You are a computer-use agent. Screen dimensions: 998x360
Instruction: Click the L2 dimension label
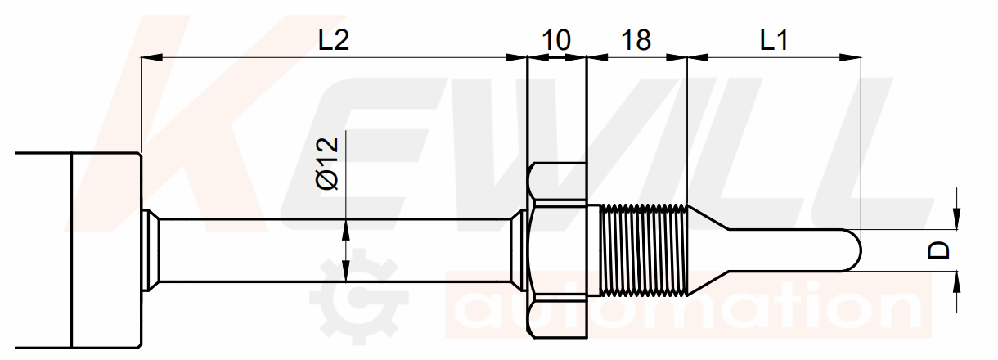(334, 39)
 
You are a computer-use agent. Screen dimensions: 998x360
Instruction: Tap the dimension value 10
(556, 39)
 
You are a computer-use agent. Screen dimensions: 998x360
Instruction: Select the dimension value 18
(636, 39)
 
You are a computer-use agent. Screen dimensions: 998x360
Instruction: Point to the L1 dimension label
(774, 39)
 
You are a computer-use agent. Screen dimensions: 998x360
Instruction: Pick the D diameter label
(938, 250)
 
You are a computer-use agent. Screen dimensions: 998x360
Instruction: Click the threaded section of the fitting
(643, 250)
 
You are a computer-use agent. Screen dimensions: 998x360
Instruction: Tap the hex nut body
(557, 250)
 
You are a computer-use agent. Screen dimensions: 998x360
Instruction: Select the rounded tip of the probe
(852, 250)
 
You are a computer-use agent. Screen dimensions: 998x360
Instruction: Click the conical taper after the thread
(708, 250)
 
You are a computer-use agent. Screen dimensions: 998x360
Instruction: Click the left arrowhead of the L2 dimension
(151, 57)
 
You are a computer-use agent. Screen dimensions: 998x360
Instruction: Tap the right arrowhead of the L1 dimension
(851, 57)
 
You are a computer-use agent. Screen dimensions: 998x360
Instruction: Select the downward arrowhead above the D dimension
(956, 218)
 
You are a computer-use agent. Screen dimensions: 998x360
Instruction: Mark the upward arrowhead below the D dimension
(956, 281)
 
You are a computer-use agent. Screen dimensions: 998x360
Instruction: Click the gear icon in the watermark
(358, 296)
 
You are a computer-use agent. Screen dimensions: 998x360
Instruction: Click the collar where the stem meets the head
(151, 250)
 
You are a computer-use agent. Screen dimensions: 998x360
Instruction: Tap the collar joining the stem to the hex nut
(519, 250)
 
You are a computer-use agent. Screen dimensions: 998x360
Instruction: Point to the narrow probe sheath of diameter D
(789, 250)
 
